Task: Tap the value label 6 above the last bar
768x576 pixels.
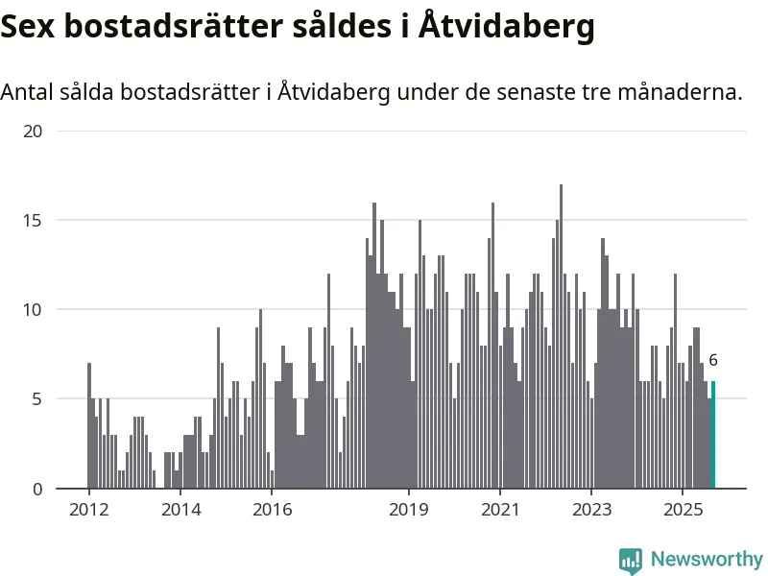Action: (713, 361)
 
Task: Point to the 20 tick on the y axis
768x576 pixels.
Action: (33, 132)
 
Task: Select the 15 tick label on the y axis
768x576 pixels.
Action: (33, 221)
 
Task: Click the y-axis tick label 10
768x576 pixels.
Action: (33, 310)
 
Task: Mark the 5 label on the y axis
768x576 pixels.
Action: (37, 399)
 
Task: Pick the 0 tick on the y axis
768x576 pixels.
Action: (37, 490)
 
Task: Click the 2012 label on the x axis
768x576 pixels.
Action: (88, 509)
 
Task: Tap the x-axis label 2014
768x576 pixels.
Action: (180, 509)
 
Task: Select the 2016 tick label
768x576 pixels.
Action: (272, 509)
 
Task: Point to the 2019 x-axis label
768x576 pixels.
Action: (409, 509)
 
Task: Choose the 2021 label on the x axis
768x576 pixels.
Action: (500, 509)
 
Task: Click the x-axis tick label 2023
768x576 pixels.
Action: (591, 509)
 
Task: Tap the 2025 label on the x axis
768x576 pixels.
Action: (683, 509)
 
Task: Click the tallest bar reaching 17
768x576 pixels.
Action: (562, 336)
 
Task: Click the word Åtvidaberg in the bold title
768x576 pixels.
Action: (508, 26)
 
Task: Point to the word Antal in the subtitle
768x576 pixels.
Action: (27, 93)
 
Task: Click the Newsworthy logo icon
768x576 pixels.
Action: (631, 560)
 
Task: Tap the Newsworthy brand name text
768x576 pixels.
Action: (707, 559)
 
